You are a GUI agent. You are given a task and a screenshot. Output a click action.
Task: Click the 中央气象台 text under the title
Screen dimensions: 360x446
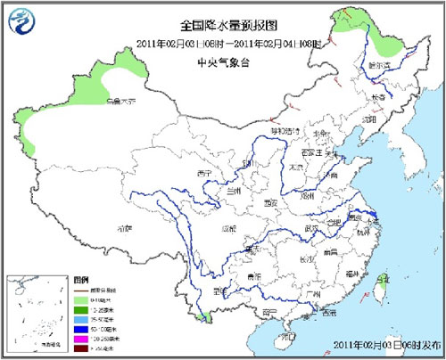[x=222, y=61]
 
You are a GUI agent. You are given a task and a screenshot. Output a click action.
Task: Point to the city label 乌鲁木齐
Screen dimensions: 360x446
[x=120, y=102]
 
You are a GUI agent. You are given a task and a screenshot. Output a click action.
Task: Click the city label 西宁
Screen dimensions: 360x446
[x=205, y=173]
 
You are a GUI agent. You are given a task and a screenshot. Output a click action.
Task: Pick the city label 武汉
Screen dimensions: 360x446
[x=312, y=227]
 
